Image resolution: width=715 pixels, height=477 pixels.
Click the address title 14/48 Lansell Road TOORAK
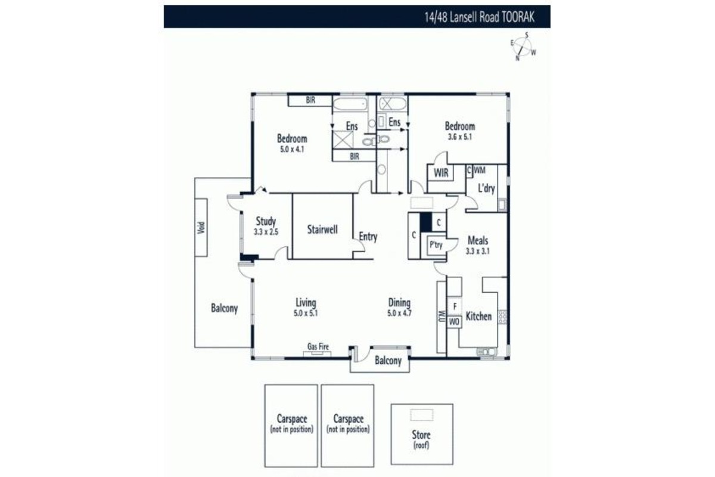pyautogui.click(x=479, y=17)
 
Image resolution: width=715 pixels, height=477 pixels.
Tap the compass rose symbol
pyautogui.click(x=523, y=47)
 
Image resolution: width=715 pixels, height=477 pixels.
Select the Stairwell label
pyautogui.click(x=322, y=230)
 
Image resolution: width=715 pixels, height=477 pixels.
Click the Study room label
pyautogui.click(x=266, y=221)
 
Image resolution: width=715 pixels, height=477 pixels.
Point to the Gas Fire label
pyautogui.click(x=318, y=346)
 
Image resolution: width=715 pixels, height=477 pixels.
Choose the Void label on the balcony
pyautogui.click(x=201, y=228)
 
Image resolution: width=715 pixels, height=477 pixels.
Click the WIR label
pyautogui.click(x=441, y=173)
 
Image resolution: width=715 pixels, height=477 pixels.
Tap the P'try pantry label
pyautogui.click(x=436, y=245)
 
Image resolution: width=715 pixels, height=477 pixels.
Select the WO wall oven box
pyautogui.click(x=454, y=322)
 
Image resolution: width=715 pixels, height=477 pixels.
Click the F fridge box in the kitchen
pyautogui.click(x=455, y=306)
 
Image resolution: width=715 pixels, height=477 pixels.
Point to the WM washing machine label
pyautogui.click(x=480, y=171)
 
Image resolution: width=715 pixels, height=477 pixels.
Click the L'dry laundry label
pyautogui.click(x=486, y=188)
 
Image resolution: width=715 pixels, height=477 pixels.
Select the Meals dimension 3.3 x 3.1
pyautogui.click(x=477, y=251)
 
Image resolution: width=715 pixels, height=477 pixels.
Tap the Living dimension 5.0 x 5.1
pyautogui.click(x=306, y=313)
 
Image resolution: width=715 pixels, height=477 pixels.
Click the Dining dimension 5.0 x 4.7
pyautogui.click(x=399, y=313)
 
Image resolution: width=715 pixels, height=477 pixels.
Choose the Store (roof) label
pyautogui.click(x=421, y=439)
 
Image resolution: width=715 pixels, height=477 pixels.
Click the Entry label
pyautogui.click(x=368, y=237)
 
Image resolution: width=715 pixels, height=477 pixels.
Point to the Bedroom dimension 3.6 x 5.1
pyautogui.click(x=459, y=137)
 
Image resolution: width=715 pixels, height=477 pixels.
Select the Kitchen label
pyautogui.click(x=478, y=316)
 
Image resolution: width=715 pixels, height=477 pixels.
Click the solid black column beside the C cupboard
pyautogui.click(x=426, y=222)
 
